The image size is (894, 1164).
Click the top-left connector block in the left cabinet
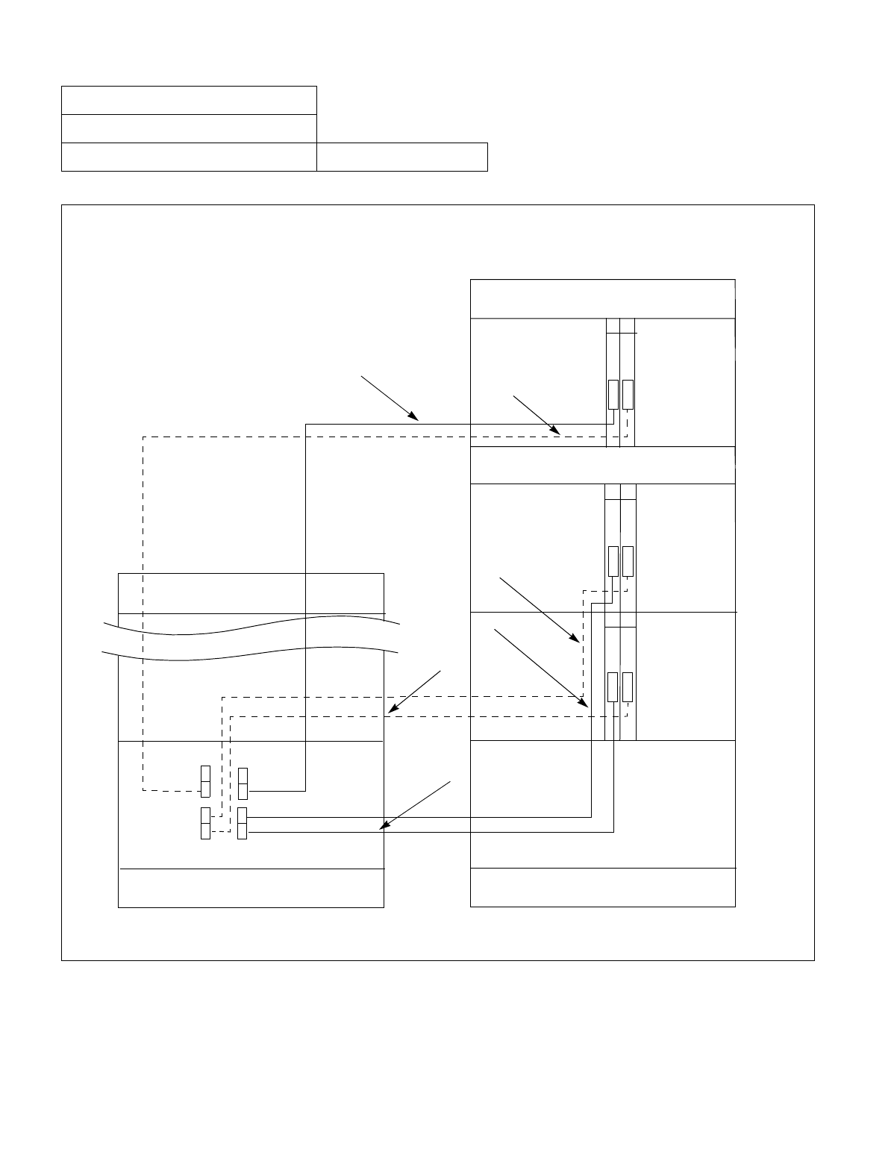pyautogui.click(x=205, y=781)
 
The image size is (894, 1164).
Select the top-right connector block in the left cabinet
pyautogui.click(x=243, y=782)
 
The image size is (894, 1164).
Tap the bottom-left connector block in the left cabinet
pyautogui.click(x=205, y=823)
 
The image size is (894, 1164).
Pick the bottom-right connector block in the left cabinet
pyautogui.click(x=242, y=823)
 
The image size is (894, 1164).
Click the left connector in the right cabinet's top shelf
pyautogui.click(x=613, y=394)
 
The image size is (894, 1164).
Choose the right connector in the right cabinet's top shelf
pyautogui.click(x=628, y=394)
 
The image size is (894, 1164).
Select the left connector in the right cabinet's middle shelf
pyautogui.click(x=613, y=561)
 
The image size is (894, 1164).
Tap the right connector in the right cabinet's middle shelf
pyautogui.click(x=628, y=561)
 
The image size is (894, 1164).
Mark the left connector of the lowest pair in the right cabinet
pyautogui.click(x=613, y=686)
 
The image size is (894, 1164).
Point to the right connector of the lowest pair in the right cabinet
pyautogui.click(x=628, y=686)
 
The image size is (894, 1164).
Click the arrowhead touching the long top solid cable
pyautogui.click(x=415, y=419)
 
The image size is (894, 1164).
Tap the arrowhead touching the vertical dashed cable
pyautogui.click(x=575, y=639)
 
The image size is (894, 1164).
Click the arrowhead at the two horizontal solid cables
pyautogui.click(x=384, y=826)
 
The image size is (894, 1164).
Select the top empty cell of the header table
pyautogui.click(x=189, y=100)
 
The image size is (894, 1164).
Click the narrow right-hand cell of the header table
pyautogui.click(x=402, y=157)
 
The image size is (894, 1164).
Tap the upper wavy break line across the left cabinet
pyautogui.click(x=251, y=624)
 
